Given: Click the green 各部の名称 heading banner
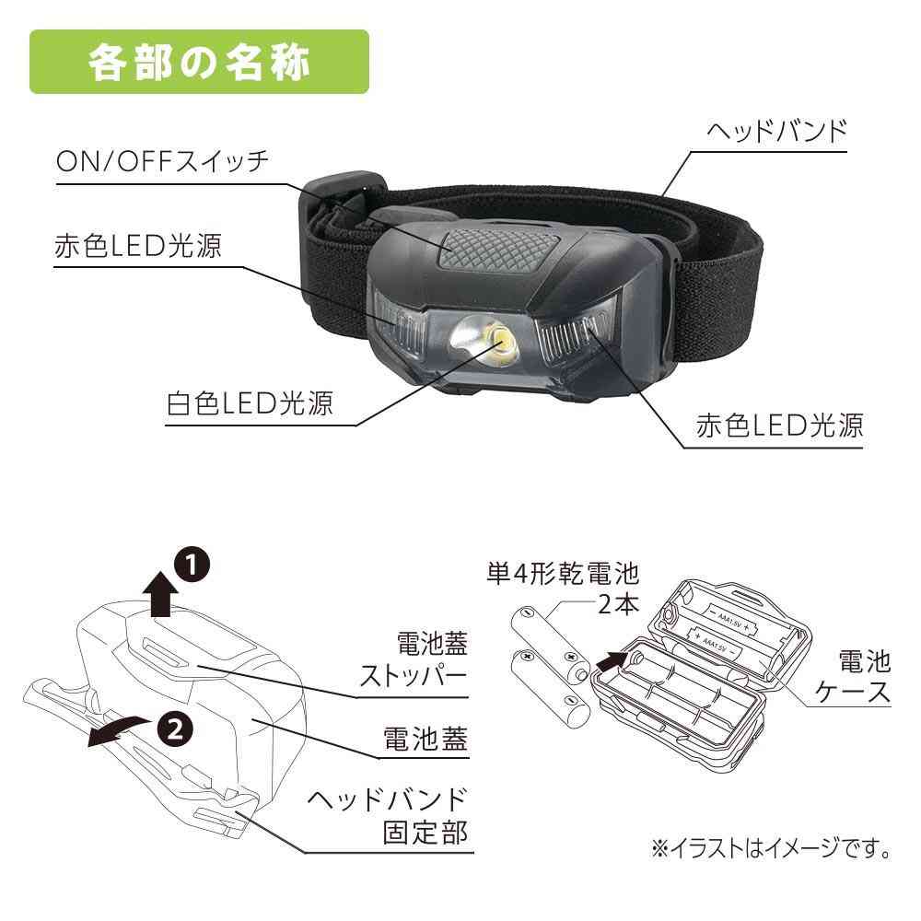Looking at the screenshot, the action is (x=199, y=62).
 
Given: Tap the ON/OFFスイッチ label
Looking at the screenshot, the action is (x=162, y=161).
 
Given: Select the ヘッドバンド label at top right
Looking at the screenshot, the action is (x=777, y=131).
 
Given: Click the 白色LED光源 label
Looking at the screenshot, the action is (x=250, y=403).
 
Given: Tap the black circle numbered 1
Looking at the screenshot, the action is (x=192, y=565).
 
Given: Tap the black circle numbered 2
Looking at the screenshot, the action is (x=175, y=730).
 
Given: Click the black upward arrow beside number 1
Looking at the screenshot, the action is (x=160, y=594).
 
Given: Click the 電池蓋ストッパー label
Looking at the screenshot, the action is (x=414, y=659).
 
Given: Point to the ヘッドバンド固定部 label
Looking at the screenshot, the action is (x=388, y=815).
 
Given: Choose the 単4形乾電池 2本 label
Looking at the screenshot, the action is (x=562, y=588).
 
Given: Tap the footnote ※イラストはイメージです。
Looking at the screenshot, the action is (x=770, y=849).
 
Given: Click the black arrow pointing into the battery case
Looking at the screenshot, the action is (x=612, y=660).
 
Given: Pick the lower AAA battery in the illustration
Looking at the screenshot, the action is (x=551, y=687).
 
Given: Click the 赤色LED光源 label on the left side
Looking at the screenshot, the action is (x=138, y=246).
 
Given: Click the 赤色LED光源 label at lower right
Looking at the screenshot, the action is (x=779, y=426).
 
